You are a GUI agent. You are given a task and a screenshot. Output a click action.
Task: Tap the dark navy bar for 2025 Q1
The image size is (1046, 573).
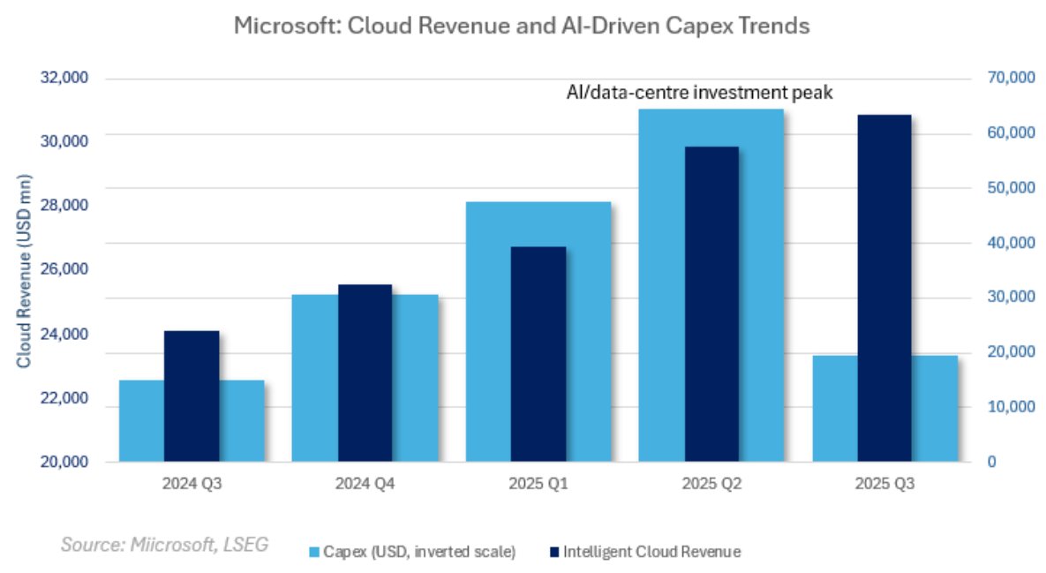tap(538, 353)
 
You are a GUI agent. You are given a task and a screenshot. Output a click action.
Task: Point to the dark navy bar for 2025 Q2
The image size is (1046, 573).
tap(711, 304)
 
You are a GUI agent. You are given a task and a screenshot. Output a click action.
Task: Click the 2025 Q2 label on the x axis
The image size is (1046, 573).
tap(711, 484)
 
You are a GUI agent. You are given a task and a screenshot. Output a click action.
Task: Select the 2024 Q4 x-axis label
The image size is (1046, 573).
tap(365, 484)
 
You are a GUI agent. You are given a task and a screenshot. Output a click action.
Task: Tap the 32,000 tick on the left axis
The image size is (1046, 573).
tap(64, 78)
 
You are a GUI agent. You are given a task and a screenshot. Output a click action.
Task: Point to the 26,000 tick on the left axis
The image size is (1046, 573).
tap(64, 269)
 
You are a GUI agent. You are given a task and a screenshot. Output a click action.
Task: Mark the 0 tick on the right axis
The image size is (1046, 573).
tap(991, 462)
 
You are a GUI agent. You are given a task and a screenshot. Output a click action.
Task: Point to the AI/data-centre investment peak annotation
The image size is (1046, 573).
tap(700, 92)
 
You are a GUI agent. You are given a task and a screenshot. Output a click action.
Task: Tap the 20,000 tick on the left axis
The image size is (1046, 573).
tap(64, 462)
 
